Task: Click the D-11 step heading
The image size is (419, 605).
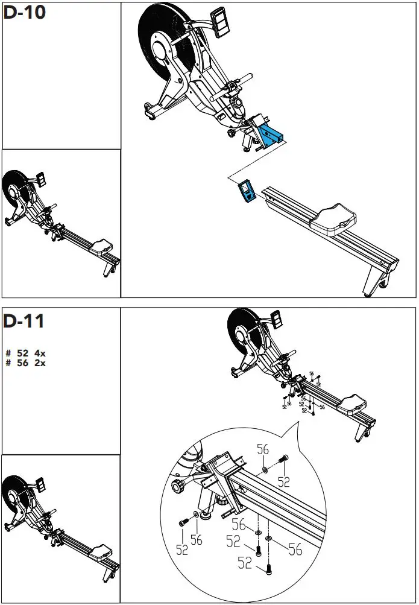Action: coord(24,321)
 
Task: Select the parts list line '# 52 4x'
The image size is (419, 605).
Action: coord(25,353)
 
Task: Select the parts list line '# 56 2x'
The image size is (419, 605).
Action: coord(25,363)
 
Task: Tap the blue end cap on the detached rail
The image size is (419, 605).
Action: coord(246,191)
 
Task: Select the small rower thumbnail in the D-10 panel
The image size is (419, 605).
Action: coord(60,223)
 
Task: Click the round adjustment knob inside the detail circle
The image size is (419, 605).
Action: coord(180,487)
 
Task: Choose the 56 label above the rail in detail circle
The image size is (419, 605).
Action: coord(263,450)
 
